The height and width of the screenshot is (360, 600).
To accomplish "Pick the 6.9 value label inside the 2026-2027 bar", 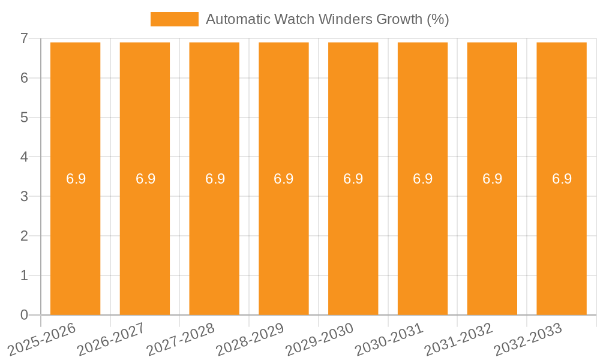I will coord(145,179).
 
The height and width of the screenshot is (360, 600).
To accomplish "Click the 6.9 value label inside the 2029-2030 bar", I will coord(353,179).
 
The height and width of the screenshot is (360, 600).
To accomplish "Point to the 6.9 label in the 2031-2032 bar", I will coord(492,179).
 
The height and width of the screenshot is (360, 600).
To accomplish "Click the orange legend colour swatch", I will coord(174,19).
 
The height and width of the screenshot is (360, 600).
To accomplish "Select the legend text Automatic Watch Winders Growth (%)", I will coord(327,19).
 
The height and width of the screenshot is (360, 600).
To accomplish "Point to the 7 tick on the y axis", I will coord(24,38).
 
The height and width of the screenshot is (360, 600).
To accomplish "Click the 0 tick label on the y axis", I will coord(24,315).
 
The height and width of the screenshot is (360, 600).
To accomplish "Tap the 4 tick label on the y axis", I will coord(24,157).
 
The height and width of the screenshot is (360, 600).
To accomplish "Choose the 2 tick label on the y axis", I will coord(24,236).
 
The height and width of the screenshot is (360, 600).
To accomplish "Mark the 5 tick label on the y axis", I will coord(24,118).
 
